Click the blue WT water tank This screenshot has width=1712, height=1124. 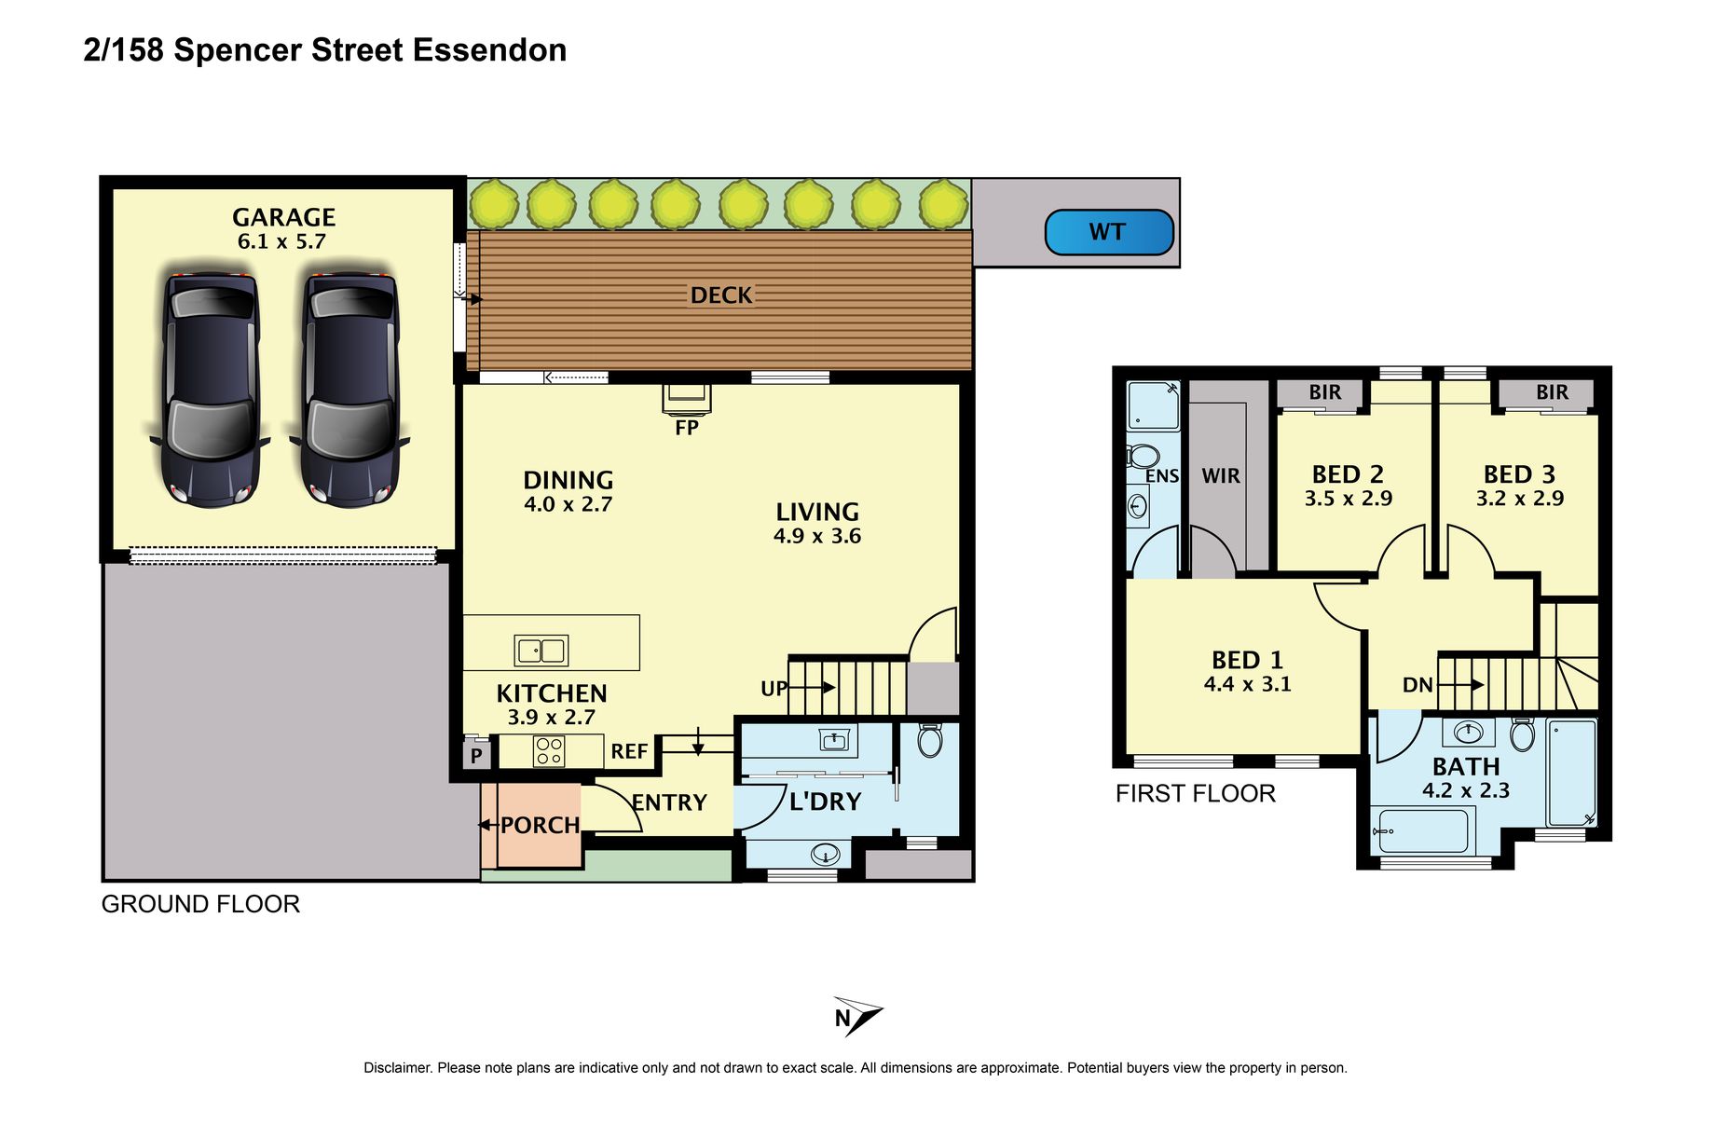tap(1109, 232)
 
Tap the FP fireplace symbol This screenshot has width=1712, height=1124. tap(687, 398)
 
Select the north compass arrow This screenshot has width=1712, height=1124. tap(858, 1016)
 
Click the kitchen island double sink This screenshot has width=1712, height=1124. tap(541, 651)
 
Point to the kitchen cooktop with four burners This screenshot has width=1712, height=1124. tap(549, 751)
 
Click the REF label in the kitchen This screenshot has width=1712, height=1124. tap(629, 751)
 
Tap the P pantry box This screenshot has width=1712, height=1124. tap(476, 754)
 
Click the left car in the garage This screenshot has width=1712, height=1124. tap(210, 389)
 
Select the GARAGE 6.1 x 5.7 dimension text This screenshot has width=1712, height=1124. tap(282, 241)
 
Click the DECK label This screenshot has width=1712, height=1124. tap(721, 295)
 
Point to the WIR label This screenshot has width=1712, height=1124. tap(1221, 476)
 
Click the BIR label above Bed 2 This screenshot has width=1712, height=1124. tap(1325, 392)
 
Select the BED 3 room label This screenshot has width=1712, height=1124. tap(1519, 474)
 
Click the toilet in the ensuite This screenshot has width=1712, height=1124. tap(1143, 457)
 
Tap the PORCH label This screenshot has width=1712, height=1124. tap(541, 825)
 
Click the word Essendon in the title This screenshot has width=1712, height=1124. tap(489, 49)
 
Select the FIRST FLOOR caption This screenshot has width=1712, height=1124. tap(1196, 793)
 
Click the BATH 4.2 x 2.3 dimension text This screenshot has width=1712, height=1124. tap(1466, 790)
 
